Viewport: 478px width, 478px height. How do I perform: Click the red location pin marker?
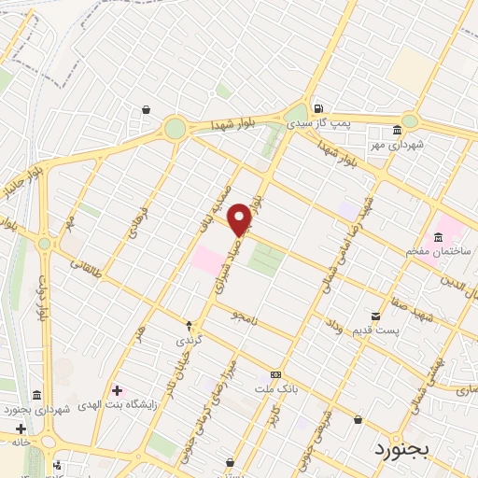point(240,218)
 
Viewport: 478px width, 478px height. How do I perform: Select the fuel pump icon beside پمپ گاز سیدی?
point(319,107)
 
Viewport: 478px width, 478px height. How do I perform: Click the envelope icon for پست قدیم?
point(376,316)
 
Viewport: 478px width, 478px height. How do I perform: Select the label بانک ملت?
point(275,386)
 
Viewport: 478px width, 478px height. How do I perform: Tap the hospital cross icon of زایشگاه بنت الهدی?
point(116,389)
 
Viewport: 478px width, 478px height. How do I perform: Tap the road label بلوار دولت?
point(43,300)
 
